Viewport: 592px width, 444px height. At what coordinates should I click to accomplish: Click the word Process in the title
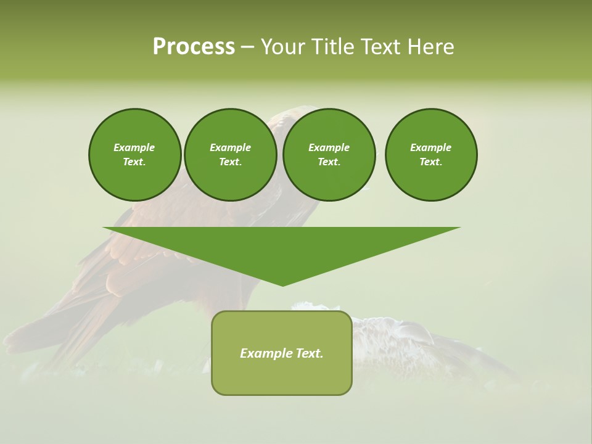(x=194, y=47)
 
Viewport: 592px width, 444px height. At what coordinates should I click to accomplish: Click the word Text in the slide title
(x=380, y=47)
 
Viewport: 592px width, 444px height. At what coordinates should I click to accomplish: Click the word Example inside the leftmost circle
(x=134, y=147)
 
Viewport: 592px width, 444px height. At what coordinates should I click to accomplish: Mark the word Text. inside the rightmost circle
(x=431, y=162)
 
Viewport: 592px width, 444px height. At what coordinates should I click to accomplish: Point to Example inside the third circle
(x=329, y=147)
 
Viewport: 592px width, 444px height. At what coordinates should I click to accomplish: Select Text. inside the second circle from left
(x=230, y=162)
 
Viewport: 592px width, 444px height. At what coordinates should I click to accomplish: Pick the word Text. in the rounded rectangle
(x=310, y=353)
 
